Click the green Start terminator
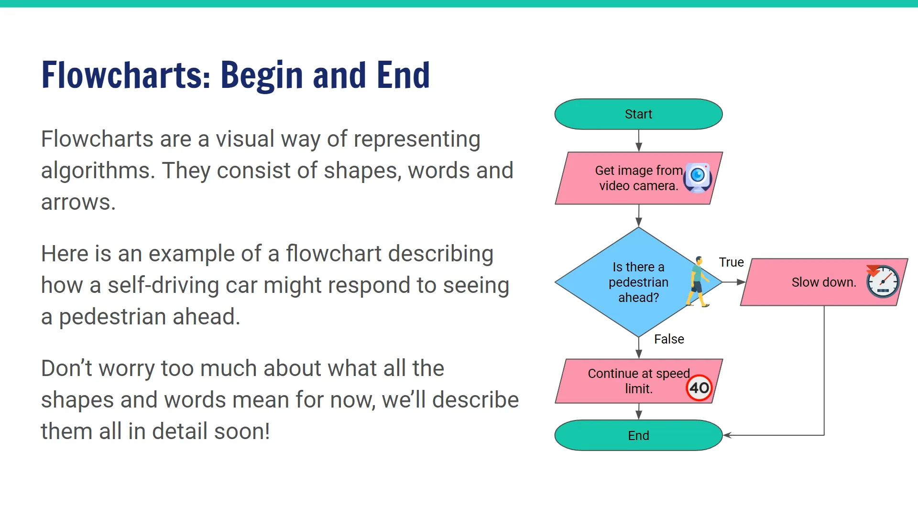click(638, 114)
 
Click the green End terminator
click(638, 435)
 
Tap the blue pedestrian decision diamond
click(622, 282)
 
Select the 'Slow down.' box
click(813, 282)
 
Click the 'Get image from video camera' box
click(631, 178)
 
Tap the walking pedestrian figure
click(698, 282)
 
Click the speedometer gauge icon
click(883, 281)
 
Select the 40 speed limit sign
click(699, 387)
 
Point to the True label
click(731, 262)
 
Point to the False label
click(669, 339)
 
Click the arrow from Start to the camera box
click(639, 141)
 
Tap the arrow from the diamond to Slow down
click(734, 282)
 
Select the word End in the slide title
click(403, 75)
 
